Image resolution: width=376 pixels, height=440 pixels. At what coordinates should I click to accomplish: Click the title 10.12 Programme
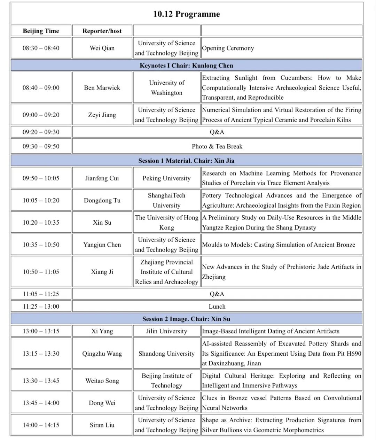[187, 14]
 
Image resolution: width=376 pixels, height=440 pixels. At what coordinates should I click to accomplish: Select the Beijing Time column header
[41, 31]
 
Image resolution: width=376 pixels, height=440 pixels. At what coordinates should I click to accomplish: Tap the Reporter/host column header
[102, 31]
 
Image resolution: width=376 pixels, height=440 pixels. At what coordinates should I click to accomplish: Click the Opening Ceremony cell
[228, 48]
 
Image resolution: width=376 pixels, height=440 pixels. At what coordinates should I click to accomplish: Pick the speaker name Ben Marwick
[102, 87]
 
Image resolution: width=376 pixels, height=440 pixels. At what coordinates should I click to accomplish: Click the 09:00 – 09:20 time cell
[41, 115]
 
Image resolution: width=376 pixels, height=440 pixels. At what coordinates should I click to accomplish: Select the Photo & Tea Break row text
[217, 146]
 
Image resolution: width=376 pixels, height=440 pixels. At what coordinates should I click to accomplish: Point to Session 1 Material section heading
[186, 161]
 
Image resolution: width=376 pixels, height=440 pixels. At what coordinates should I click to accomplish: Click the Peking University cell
[166, 178]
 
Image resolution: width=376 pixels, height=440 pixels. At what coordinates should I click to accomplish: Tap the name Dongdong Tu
[102, 200]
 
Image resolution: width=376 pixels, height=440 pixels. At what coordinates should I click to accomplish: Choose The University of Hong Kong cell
[166, 222]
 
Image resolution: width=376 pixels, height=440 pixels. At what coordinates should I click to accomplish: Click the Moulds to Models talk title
[279, 245]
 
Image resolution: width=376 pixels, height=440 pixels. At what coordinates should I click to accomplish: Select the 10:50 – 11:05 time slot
[41, 272]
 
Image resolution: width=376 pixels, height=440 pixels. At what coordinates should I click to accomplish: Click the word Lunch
[217, 307]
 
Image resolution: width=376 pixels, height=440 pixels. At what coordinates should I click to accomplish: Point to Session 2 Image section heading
[186, 319]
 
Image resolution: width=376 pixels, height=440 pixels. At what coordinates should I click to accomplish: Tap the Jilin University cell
[166, 331]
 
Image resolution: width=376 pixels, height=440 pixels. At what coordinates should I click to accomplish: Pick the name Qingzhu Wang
[102, 354]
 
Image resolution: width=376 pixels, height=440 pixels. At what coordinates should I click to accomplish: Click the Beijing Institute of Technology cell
[166, 380]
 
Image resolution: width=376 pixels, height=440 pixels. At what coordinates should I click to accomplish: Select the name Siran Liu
[102, 425]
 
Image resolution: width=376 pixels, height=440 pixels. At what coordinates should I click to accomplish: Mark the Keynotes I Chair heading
[186, 65]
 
